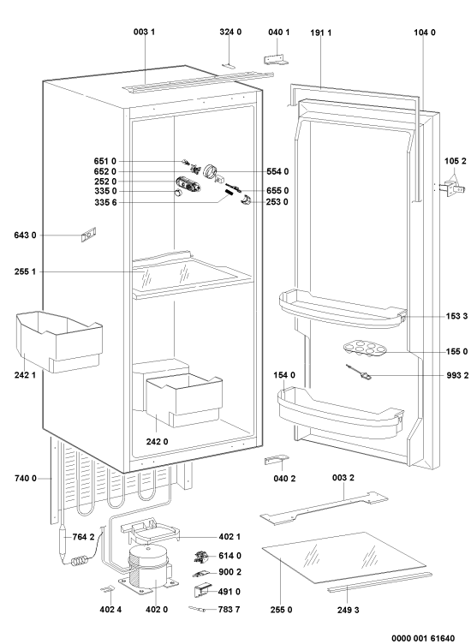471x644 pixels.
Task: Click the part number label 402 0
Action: (157, 610)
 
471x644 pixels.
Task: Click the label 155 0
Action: (456, 352)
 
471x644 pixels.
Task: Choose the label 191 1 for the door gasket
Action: (320, 33)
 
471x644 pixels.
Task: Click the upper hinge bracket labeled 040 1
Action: (276, 60)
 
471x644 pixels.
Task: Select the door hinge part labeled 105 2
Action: (451, 190)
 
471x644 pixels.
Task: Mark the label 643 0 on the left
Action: (25, 235)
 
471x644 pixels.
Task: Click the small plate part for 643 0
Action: (88, 235)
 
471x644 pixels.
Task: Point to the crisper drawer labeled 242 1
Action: (59, 341)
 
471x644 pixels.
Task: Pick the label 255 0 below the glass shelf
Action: (281, 610)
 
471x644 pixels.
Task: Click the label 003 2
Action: (343, 478)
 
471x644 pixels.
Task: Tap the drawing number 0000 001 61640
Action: (423, 638)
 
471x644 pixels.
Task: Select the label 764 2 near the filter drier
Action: (83, 537)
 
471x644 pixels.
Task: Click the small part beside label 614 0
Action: (201, 557)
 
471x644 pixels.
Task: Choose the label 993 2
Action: (457, 375)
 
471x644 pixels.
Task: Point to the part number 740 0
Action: (25, 478)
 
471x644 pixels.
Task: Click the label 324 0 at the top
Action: (230, 32)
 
